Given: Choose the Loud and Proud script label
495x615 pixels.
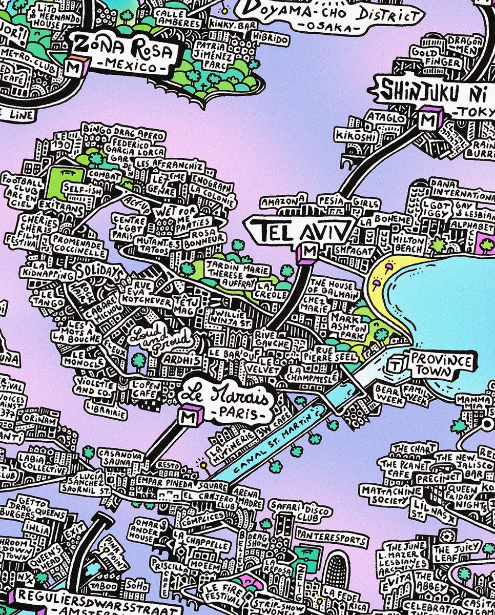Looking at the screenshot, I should click(x=159, y=339).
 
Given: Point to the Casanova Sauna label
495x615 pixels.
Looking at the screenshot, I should click(x=116, y=457).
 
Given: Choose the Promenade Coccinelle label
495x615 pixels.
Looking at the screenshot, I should click(x=79, y=244).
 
